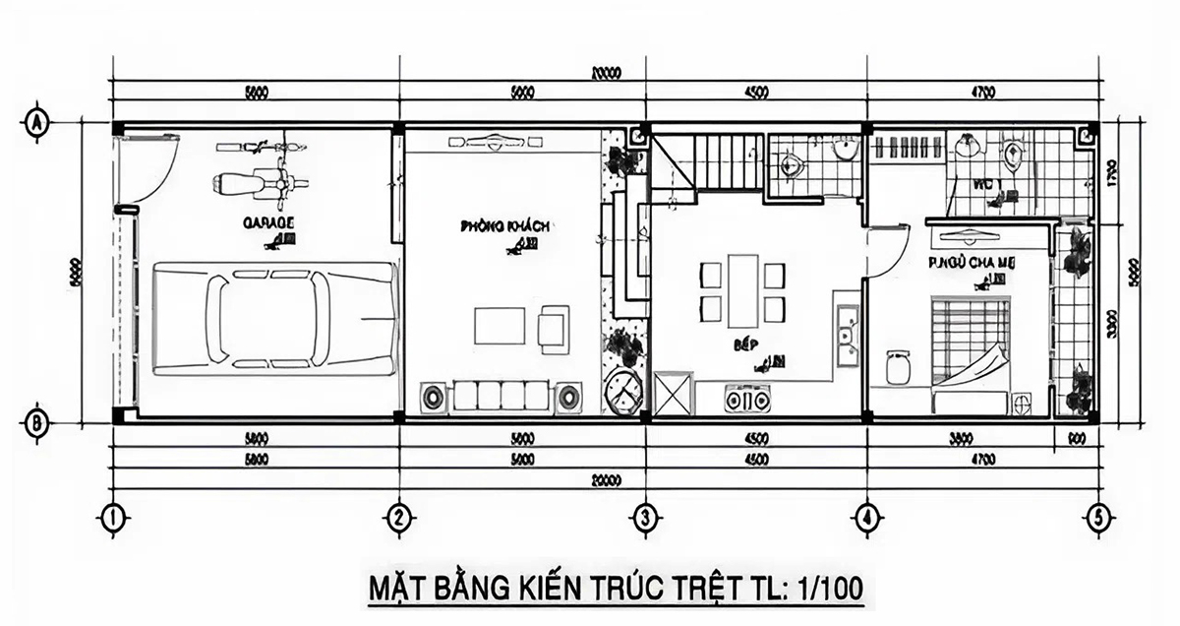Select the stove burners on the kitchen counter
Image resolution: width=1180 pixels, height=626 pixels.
(x=746, y=399)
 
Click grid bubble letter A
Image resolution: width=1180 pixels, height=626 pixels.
(x=35, y=124)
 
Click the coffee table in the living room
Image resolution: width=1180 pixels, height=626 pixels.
(x=501, y=324)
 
